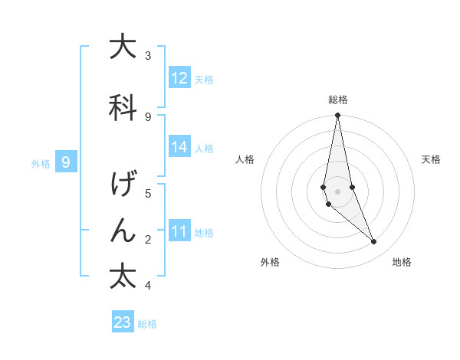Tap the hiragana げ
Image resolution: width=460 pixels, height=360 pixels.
(123, 186)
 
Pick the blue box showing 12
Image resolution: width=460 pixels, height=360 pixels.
(179, 78)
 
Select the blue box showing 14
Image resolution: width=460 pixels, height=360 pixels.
(179, 147)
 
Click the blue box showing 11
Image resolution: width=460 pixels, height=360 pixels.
(179, 231)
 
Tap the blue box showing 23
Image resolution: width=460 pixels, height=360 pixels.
(123, 322)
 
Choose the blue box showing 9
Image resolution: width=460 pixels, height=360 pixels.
(67, 162)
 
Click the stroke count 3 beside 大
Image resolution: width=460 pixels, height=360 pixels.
(148, 55)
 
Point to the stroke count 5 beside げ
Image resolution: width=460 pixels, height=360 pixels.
(148, 193)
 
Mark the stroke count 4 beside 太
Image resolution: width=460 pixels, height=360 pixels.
(148, 286)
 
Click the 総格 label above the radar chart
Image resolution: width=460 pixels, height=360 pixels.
(338, 100)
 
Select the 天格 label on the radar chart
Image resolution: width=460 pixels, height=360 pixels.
(432, 159)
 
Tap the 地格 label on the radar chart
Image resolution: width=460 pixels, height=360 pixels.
(402, 263)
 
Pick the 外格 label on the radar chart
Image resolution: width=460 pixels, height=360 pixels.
(270, 263)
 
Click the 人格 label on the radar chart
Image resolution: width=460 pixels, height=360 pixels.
(245, 159)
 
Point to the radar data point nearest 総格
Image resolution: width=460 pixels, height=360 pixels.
(337, 116)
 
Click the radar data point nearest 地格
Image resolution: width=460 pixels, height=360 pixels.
(374, 242)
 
